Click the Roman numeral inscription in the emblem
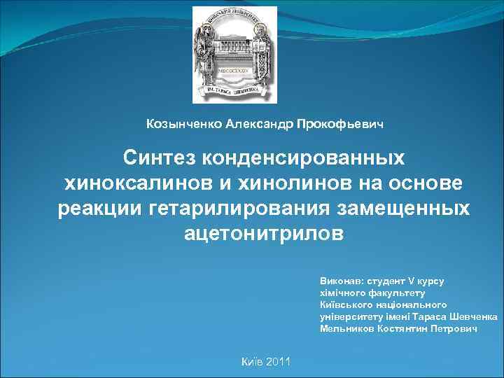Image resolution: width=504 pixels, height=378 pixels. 235,71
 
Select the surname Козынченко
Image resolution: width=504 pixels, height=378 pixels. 183,124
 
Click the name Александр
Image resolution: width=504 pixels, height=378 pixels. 260,124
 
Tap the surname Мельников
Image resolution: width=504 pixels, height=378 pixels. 346,328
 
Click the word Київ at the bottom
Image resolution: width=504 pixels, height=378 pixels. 252,361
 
